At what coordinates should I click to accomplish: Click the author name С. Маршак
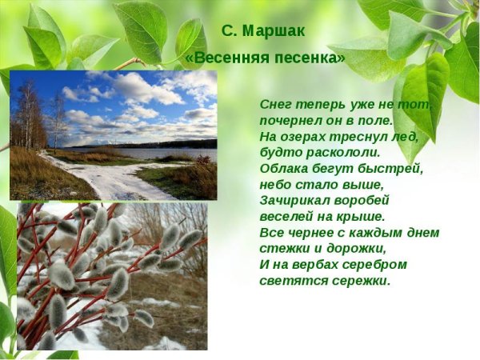(x=263, y=31)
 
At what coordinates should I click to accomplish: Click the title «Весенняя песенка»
(x=265, y=58)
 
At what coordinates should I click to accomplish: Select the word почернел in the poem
(x=290, y=121)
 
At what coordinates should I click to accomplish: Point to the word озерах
(x=303, y=137)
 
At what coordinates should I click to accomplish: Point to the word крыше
(x=360, y=216)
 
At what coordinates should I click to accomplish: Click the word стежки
(x=282, y=248)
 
